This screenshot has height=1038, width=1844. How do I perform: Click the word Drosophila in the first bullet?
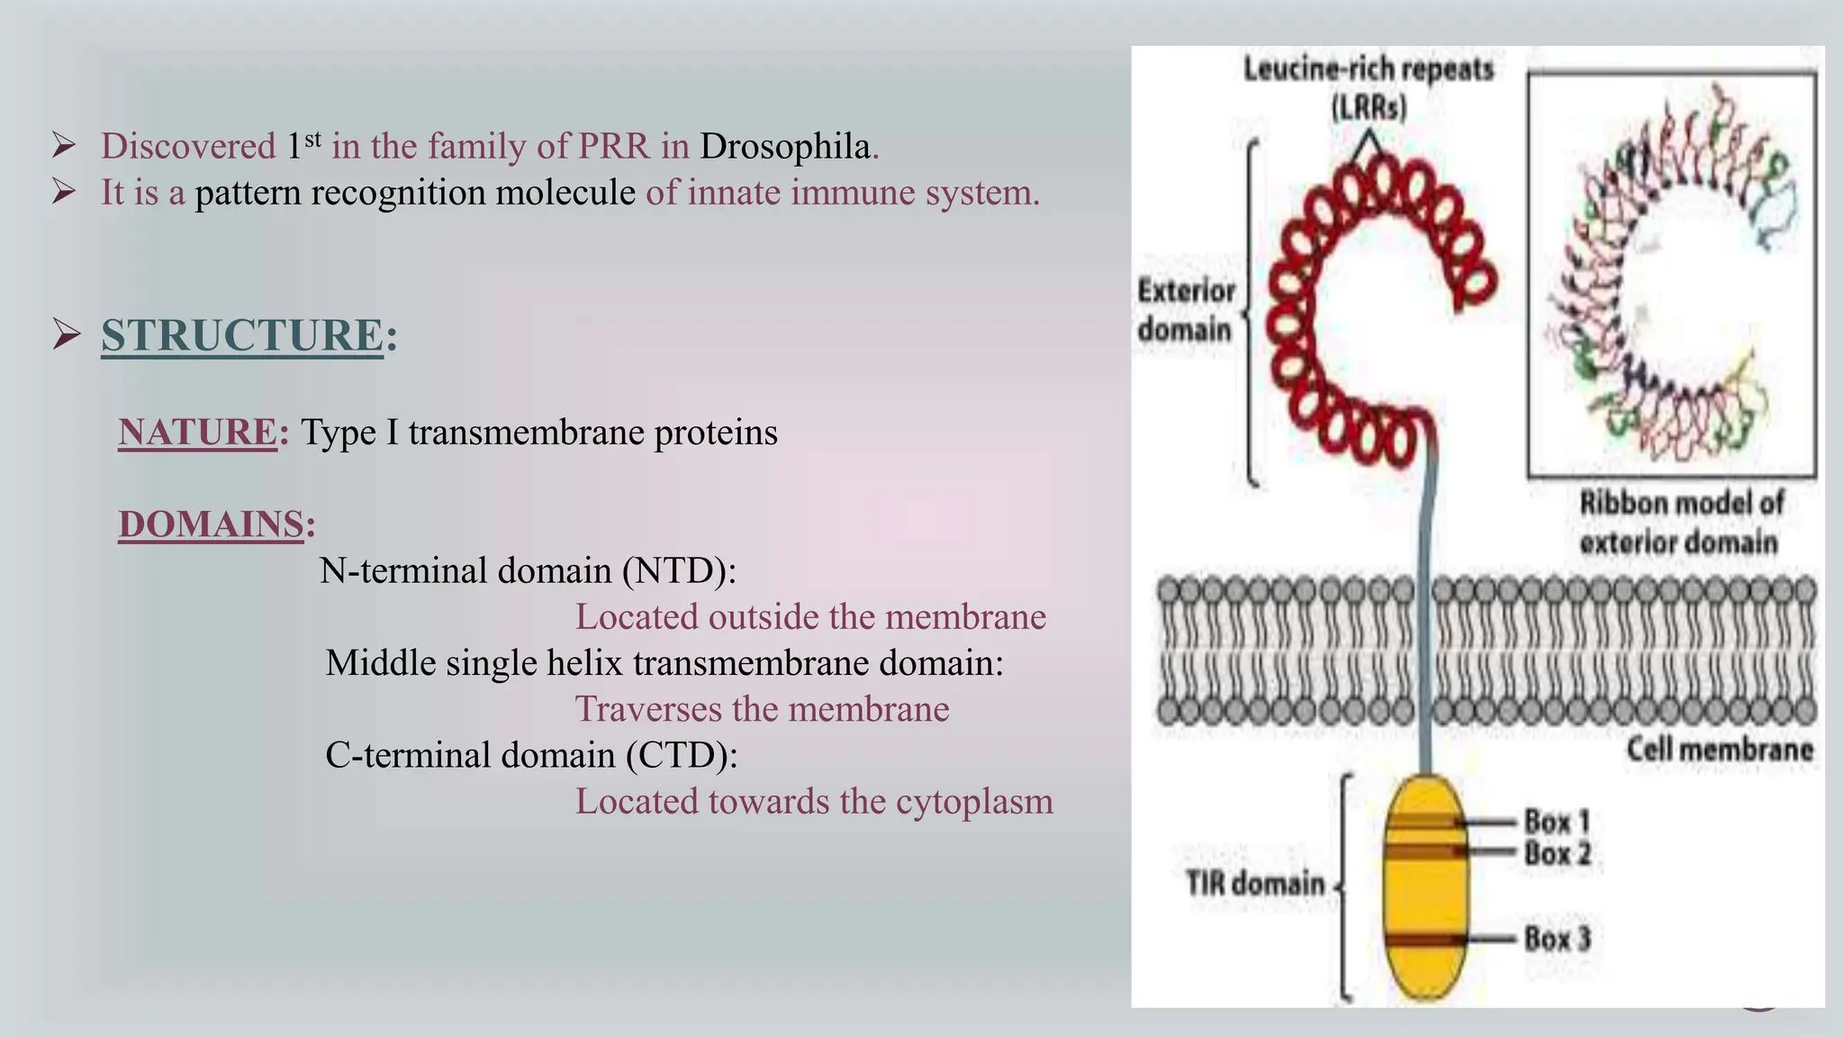click(x=784, y=147)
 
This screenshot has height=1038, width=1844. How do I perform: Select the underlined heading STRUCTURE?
click(x=242, y=335)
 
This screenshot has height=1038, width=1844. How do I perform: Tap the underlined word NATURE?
click(x=197, y=432)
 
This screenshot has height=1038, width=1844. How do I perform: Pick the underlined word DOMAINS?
click(x=212, y=524)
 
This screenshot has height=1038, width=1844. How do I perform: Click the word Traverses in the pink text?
click(x=648, y=709)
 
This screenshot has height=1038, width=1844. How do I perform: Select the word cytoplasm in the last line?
click(x=972, y=802)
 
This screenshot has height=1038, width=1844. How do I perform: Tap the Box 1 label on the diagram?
click(x=1557, y=821)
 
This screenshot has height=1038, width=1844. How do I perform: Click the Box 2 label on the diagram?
click(x=1558, y=853)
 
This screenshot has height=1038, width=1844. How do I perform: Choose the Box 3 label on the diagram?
click(x=1558, y=939)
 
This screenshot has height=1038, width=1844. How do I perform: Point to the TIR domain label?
click(x=1254, y=883)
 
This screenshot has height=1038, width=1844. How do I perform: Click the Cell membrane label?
click(x=1719, y=750)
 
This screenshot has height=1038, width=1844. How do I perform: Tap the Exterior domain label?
click(x=1185, y=310)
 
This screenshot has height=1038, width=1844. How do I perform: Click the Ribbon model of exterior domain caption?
click(x=1680, y=523)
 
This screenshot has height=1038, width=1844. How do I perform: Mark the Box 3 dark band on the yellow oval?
click(x=1425, y=940)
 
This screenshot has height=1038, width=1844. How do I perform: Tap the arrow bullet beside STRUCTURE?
click(x=67, y=334)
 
